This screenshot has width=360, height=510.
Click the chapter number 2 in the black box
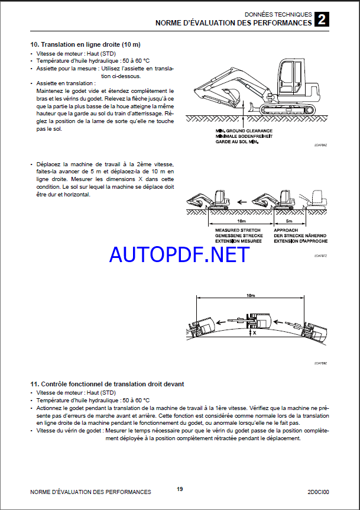pyautogui.click(x=322, y=20)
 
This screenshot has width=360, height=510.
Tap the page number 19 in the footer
pyautogui.click(x=180, y=489)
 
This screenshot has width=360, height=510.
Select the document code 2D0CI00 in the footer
pyautogui.click(x=317, y=492)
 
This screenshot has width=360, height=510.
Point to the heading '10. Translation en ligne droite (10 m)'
pyautogui.click(x=85, y=44)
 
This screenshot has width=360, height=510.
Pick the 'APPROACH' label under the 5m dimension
pyautogui.click(x=286, y=230)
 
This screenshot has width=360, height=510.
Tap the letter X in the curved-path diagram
pyautogui.click(x=255, y=334)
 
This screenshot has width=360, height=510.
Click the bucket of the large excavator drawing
pyautogui.click(x=229, y=94)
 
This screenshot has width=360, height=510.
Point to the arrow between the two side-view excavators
pyautogui.click(x=241, y=202)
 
